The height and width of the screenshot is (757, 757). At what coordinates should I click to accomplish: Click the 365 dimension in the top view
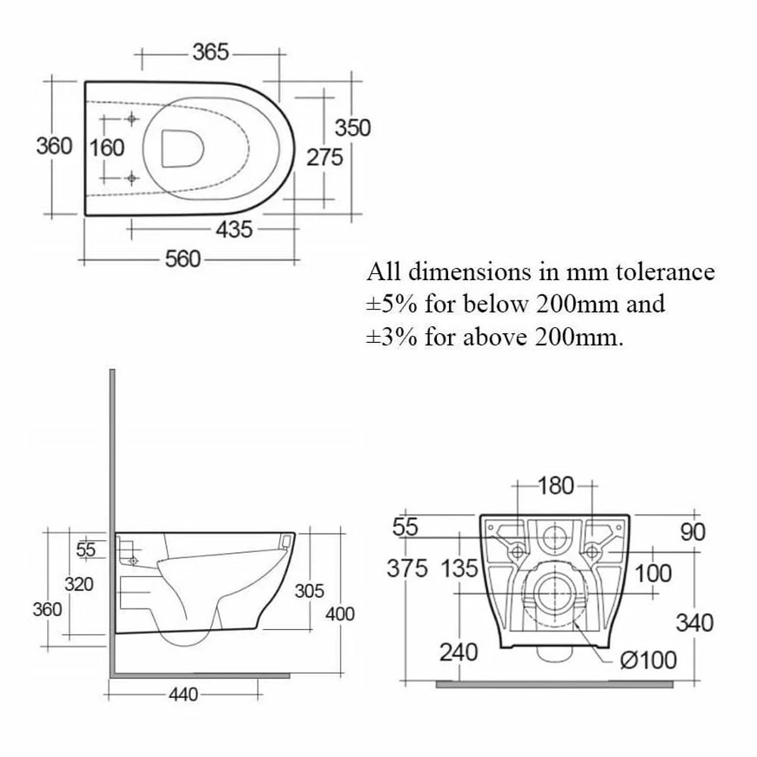click(x=210, y=52)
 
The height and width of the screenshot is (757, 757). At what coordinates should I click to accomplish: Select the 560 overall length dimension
click(x=183, y=259)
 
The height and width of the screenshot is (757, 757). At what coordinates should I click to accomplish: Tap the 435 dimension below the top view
click(x=234, y=229)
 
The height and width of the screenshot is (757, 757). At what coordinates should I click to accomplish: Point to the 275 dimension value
click(x=325, y=157)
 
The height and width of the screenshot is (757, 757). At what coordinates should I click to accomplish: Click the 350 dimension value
click(x=353, y=128)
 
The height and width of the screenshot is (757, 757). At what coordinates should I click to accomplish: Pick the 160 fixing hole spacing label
click(x=107, y=147)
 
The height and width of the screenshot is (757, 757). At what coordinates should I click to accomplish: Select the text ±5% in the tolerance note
click(x=392, y=304)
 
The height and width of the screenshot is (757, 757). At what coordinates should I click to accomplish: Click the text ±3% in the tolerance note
click(x=392, y=336)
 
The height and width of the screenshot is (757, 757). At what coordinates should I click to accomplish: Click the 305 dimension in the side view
click(x=309, y=590)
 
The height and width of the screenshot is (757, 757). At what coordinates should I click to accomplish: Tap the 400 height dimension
click(x=340, y=614)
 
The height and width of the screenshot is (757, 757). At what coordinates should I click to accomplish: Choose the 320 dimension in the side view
click(x=79, y=584)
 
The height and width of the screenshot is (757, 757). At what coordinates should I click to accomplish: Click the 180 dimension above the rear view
click(x=556, y=486)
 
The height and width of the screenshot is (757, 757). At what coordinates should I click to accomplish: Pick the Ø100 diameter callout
click(x=648, y=660)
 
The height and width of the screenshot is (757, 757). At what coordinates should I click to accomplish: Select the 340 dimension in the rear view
click(x=694, y=622)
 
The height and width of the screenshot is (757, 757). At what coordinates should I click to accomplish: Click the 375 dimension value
click(x=407, y=568)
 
